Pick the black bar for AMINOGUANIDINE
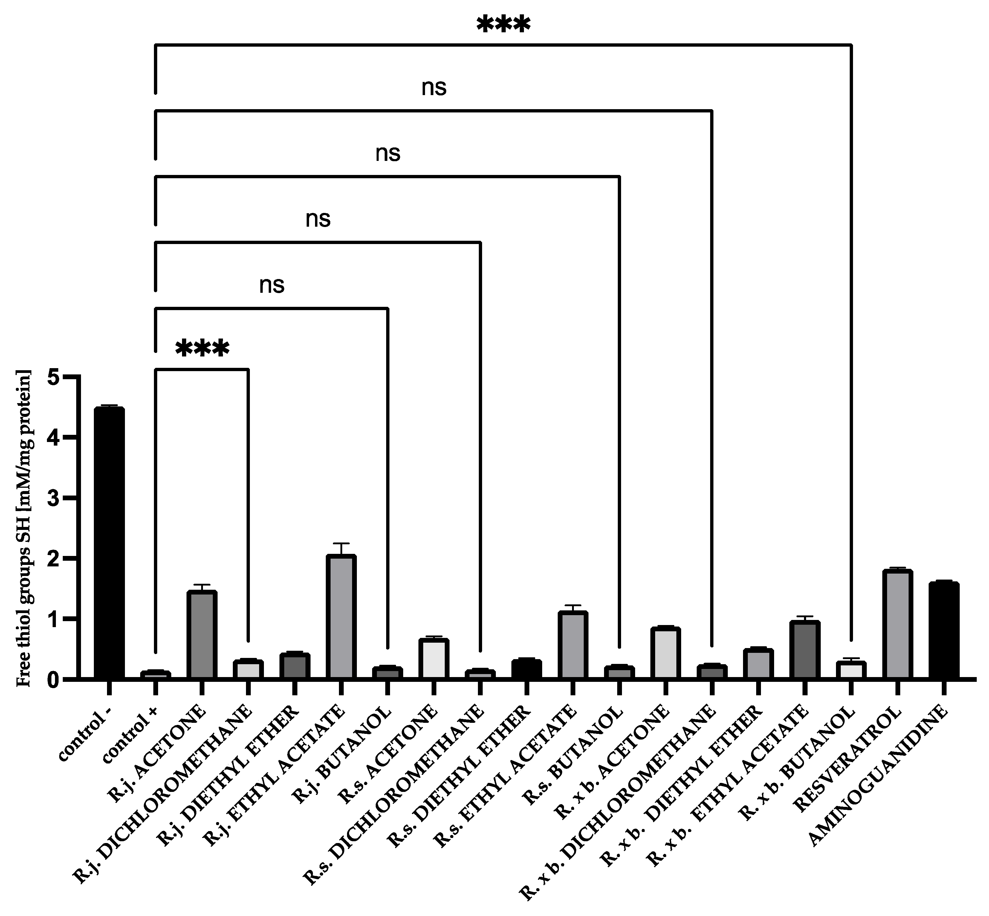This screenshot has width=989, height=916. pos(943,630)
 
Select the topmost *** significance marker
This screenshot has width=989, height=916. pos(503,25)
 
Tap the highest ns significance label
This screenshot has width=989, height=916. pos(434,88)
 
